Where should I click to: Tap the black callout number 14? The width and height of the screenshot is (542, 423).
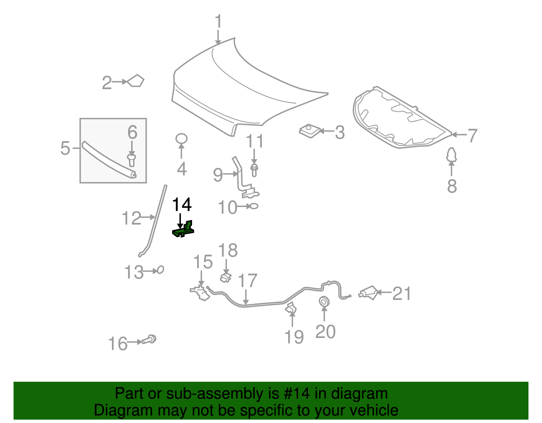tap(182, 205)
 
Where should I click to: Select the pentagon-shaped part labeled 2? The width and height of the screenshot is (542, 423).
tap(135, 81)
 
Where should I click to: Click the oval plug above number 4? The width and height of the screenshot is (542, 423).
tap(181, 139)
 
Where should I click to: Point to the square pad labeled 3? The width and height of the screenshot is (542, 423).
tap(310, 131)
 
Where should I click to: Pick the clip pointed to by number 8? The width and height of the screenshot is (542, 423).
tap(451, 154)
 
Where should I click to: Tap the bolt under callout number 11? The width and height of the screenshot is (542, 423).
tap(254, 170)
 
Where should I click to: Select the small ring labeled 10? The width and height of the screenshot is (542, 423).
tap(254, 206)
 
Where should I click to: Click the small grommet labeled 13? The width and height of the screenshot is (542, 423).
tap(160, 270)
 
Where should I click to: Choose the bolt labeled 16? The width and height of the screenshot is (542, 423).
tap(149, 339)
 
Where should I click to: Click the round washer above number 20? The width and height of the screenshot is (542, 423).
tap(324, 302)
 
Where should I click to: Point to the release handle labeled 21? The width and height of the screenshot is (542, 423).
tap(369, 293)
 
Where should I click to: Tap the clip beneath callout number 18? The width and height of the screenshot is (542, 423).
tap(226, 277)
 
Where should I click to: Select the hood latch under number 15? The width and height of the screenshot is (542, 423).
tap(200, 293)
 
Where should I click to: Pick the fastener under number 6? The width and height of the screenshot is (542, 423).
tap(131, 160)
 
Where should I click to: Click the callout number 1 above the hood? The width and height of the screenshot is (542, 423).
tap(218, 21)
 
